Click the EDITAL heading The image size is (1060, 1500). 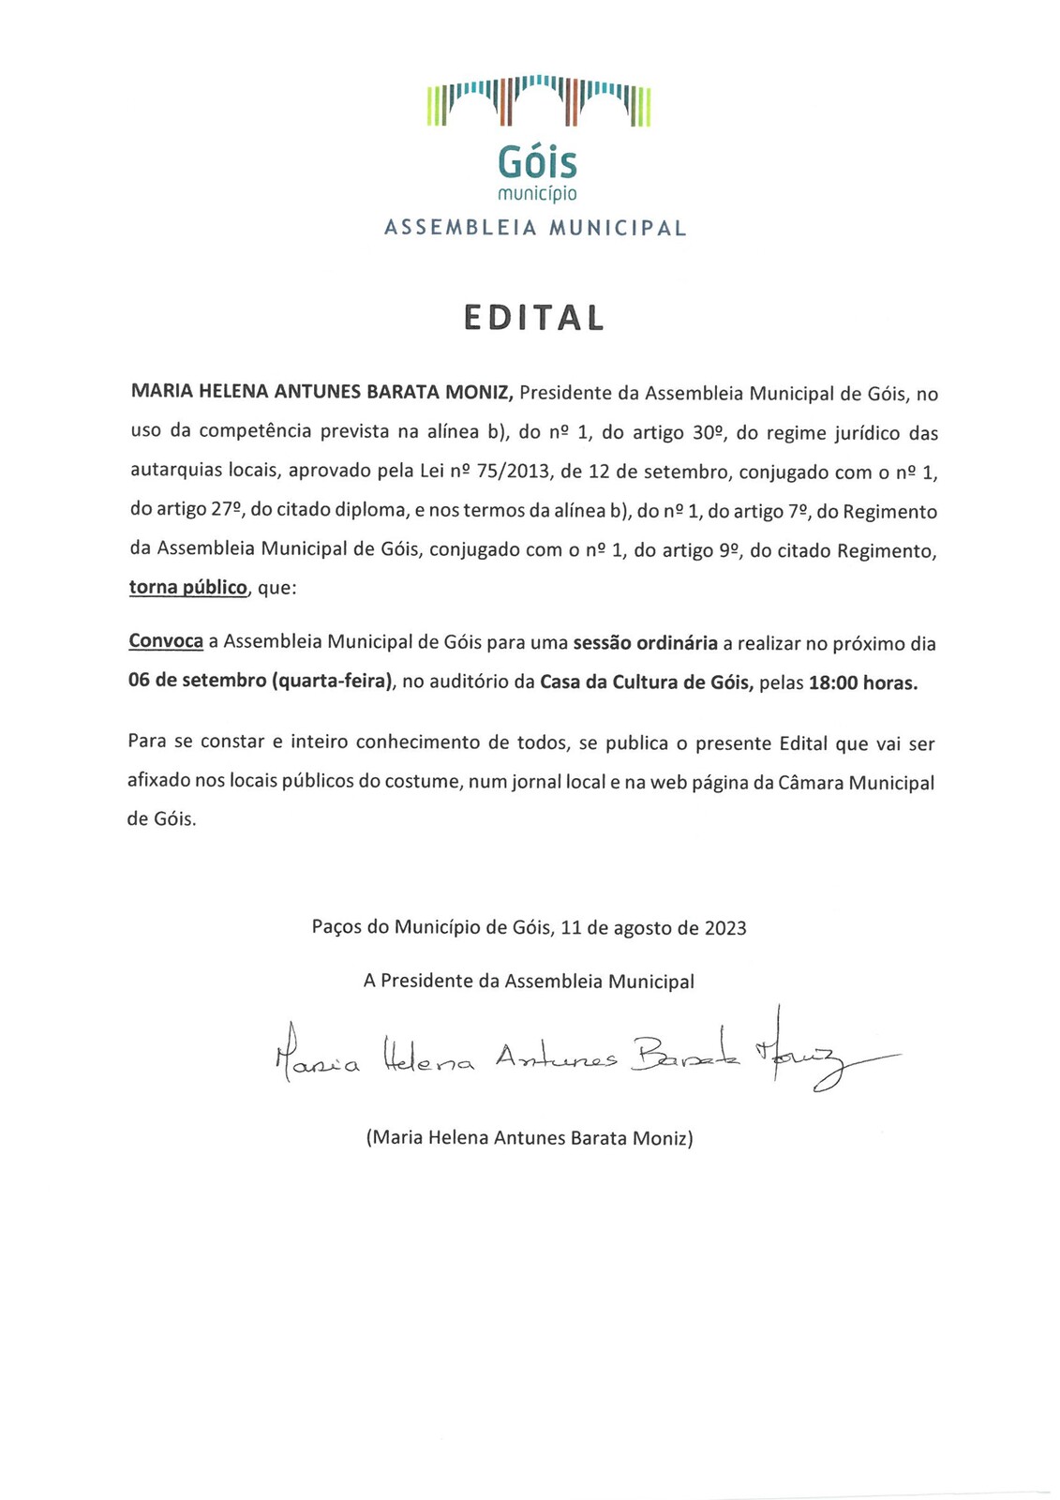coord(534,319)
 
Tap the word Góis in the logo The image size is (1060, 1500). coord(537,163)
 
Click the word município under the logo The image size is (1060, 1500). coord(537,194)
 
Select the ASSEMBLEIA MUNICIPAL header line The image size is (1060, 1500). coord(535,228)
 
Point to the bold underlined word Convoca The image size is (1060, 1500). coord(166,642)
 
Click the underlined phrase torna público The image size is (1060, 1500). coord(187,589)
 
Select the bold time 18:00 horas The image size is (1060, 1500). coord(863,683)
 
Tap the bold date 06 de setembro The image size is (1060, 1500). coord(197,682)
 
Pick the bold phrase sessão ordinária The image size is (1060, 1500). coord(645,643)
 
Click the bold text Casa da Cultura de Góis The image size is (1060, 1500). coord(647,682)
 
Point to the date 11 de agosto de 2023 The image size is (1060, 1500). coord(653,928)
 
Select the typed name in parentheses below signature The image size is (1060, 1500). coord(530,1138)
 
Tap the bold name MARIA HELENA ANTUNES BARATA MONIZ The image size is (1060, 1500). coord(321,393)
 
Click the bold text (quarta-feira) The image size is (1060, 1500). coord(332,682)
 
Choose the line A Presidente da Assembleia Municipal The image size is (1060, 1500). coord(529,982)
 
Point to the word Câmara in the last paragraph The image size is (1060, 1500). coord(809,783)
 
